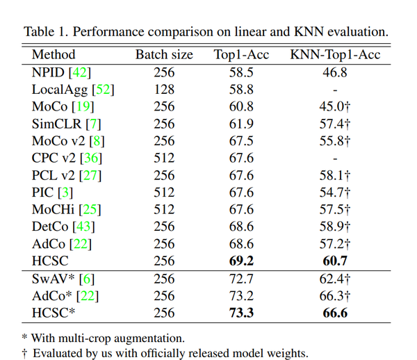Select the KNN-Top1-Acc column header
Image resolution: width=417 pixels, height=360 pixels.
coord(335,54)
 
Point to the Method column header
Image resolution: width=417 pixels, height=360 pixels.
coord(54,54)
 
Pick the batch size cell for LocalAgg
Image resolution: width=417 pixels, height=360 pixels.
coord(164,89)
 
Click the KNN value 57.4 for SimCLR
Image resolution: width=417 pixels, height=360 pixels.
coord(335,124)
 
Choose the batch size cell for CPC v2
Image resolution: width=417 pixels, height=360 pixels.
coord(164,158)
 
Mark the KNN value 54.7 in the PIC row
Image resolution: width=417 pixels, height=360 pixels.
coord(335,192)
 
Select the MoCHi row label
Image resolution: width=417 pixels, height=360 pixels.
coord(54,209)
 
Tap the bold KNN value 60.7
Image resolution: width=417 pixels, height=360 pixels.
coord(335,261)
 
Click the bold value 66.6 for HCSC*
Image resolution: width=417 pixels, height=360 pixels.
coord(335,313)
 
